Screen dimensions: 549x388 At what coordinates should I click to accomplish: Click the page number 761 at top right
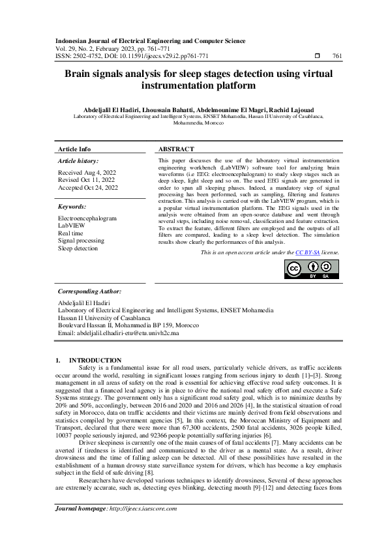(336, 57)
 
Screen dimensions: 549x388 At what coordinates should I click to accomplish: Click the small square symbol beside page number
(318, 57)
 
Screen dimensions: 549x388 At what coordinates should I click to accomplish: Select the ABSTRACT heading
(176, 149)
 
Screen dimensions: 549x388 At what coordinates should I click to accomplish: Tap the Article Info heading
(74, 149)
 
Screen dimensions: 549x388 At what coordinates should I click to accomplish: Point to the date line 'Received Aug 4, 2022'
(87, 173)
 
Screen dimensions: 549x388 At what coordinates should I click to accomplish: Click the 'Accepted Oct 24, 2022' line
(88, 188)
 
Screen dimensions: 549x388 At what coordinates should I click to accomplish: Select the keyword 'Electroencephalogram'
(87, 218)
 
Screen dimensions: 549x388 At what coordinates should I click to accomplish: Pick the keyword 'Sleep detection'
(78, 248)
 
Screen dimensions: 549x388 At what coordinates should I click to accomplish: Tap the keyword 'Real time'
(70, 233)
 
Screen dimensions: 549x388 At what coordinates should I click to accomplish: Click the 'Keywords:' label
(72, 207)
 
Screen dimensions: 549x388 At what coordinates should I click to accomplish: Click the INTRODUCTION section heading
(95, 360)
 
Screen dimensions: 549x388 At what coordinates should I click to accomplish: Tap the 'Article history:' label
(78, 160)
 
